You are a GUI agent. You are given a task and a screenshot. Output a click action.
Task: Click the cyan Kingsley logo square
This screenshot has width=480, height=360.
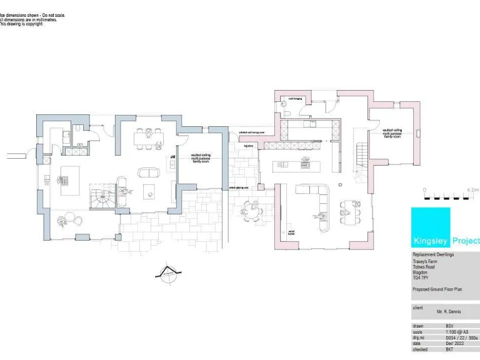430,227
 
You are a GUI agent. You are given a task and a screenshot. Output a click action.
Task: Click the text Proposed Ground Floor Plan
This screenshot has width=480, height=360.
436,290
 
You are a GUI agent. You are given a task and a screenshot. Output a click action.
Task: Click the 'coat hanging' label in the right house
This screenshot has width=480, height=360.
294,99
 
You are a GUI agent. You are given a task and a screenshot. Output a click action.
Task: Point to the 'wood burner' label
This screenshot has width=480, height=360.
291,233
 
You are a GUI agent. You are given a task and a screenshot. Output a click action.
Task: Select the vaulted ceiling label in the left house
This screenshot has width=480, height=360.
201,159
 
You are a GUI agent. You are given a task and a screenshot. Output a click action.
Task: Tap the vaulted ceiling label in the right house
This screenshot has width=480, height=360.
392,132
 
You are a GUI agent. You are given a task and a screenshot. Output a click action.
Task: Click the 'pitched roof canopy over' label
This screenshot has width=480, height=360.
252,132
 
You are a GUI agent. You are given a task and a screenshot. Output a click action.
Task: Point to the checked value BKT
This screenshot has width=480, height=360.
449,350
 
